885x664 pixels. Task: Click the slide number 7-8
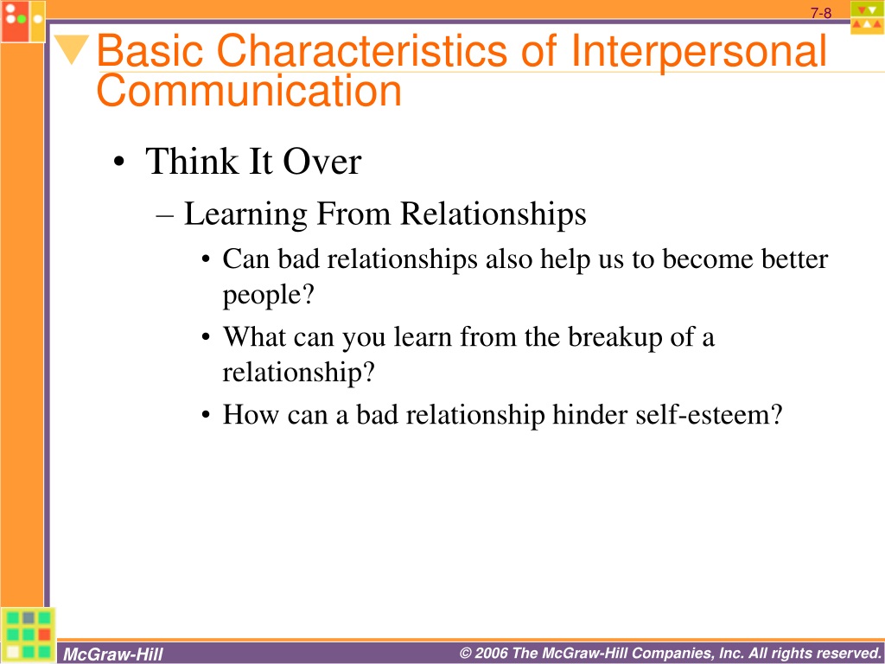(821, 13)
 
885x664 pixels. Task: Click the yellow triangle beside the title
(72, 48)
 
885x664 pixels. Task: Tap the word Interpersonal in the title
(698, 52)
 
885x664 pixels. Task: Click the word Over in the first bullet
(322, 162)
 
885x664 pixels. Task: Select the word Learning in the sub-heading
(245, 215)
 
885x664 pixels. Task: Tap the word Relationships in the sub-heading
(493, 215)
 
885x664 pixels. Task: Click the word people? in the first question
(268, 296)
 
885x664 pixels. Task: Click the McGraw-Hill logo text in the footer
(113, 654)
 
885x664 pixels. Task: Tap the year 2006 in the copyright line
(491, 654)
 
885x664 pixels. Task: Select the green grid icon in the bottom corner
(29, 635)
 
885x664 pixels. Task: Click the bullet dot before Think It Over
(118, 163)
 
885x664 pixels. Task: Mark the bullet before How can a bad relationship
(206, 416)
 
